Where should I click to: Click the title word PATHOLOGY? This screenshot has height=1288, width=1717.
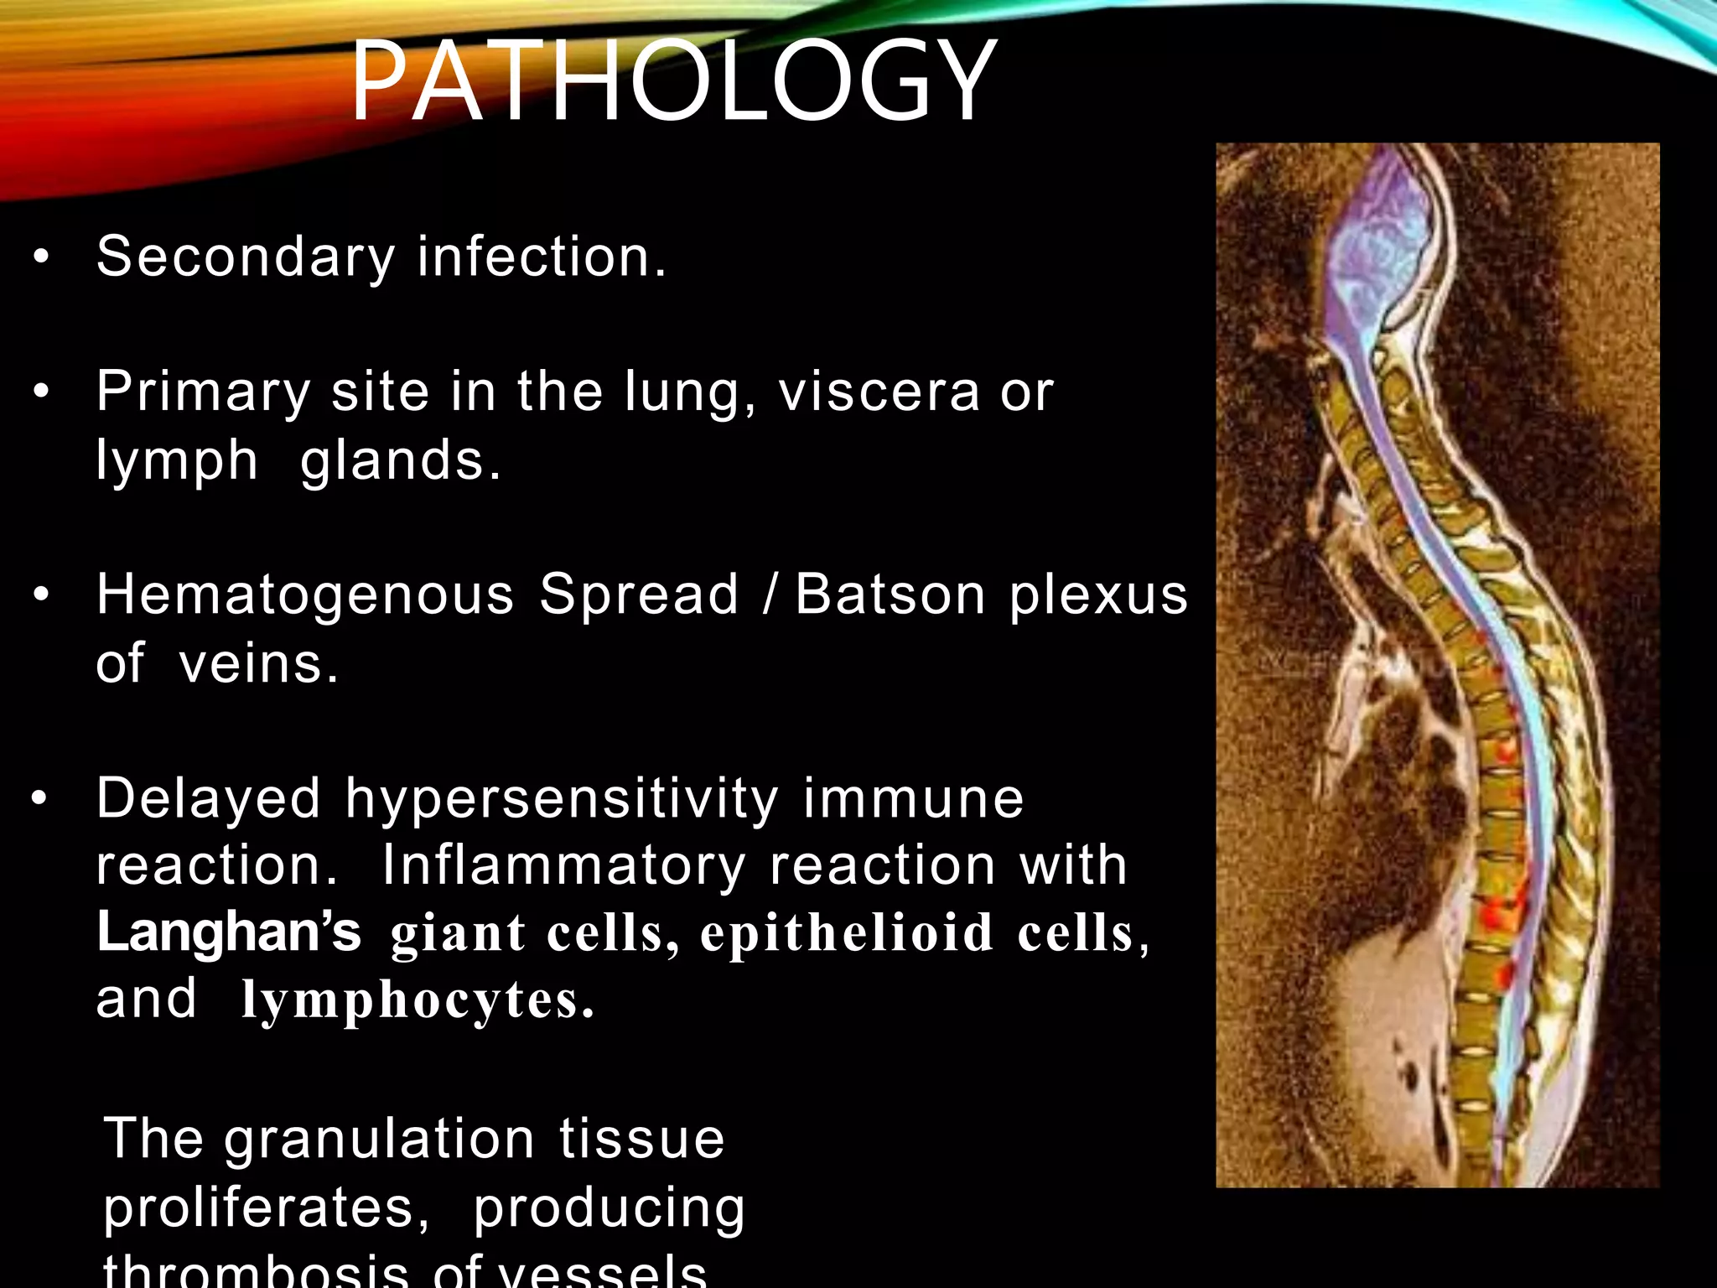click(x=672, y=81)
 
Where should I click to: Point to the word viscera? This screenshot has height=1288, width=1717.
click(x=879, y=392)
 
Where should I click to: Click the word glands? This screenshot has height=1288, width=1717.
click(x=400, y=461)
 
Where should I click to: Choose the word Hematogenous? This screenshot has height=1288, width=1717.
click(x=305, y=595)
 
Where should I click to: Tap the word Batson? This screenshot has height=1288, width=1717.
click(x=890, y=595)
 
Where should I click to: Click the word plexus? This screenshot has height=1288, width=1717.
click(x=1098, y=596)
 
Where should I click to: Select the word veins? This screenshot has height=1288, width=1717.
click(x=258, y=663)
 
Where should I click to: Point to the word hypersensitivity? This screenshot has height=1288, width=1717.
click(x=562, y=798)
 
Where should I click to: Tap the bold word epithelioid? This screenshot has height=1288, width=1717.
click(x=847, y=933)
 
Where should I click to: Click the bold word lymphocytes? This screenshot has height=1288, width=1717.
click(x=418, y=1000)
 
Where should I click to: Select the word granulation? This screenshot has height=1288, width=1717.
click(x=379, y=1140)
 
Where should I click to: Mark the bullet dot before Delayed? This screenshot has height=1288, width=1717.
click(x=39, y=799)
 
